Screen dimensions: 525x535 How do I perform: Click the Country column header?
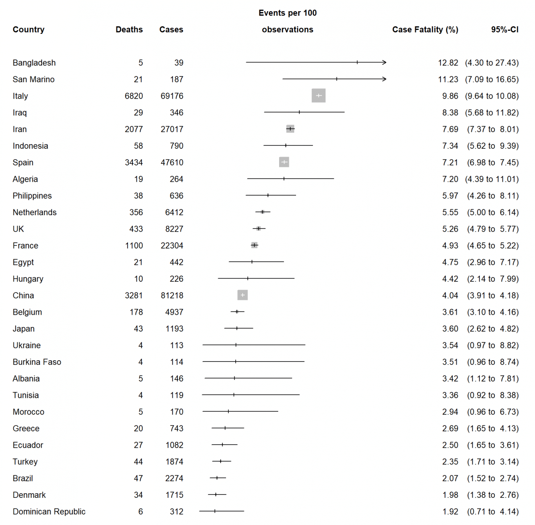[29, 29]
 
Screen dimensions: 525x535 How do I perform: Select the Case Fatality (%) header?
[425, 29]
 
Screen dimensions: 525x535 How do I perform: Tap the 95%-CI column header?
[505, 29]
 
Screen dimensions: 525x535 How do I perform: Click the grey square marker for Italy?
[318, 96]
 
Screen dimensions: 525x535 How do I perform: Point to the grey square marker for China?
[243, 295]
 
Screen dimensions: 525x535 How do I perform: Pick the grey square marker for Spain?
[284, 162]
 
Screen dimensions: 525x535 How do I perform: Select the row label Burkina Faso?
[37, 362]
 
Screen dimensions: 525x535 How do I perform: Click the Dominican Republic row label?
[49, 512]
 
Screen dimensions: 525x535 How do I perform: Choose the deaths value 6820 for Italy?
[134, 96]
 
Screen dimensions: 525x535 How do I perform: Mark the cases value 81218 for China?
[172, 296]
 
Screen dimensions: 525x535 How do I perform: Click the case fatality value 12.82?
[448, 63]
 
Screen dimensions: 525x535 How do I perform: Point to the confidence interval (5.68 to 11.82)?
[492, 112]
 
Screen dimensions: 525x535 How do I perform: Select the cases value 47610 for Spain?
[172, 162]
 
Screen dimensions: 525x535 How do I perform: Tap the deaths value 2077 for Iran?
[134, 129]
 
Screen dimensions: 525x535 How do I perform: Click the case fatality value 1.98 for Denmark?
[450, 495]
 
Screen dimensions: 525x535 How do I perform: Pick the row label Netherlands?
[35, 212]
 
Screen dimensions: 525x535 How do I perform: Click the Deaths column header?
[129, 29]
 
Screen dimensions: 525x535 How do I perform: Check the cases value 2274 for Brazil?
[174, 479]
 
